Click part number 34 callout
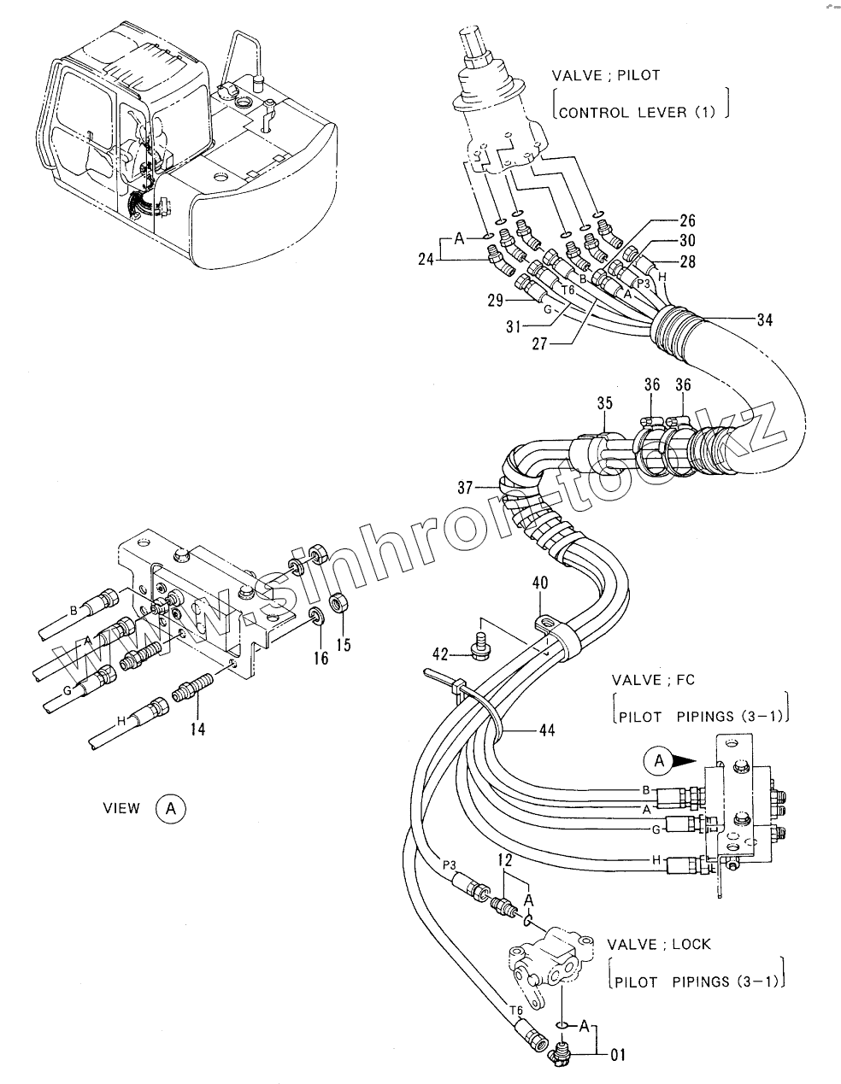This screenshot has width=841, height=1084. pos(763,320)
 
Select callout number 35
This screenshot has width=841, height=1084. pos(605,401)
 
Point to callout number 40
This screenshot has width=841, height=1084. pos(540,583)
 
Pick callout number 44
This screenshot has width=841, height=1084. pos(547,730)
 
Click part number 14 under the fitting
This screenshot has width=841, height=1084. pos(198,729)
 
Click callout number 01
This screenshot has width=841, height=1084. pos(617,1056)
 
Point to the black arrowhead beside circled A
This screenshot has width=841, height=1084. pos(686,759)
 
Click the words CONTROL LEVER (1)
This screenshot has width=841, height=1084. pos(636,112)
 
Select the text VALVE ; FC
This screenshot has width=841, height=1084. pos(653,680)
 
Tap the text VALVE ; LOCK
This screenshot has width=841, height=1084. pos(659,945)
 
